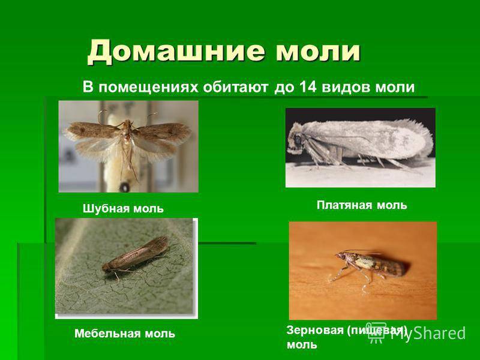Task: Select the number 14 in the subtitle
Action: [308, 87]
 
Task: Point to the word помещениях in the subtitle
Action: [148, 88]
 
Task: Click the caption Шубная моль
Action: [123, 209]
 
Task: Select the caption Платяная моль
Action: [362, 205]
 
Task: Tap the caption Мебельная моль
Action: [125, 334]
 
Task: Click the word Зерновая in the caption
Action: [315, 331]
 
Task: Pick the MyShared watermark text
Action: [428, 333]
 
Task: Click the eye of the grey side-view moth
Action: [298, 140]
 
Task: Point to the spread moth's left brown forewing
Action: [92, 130]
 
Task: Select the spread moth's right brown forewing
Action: [163, 131]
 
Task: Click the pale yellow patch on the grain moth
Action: [365, 262]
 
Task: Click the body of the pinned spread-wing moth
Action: [127, 141]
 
